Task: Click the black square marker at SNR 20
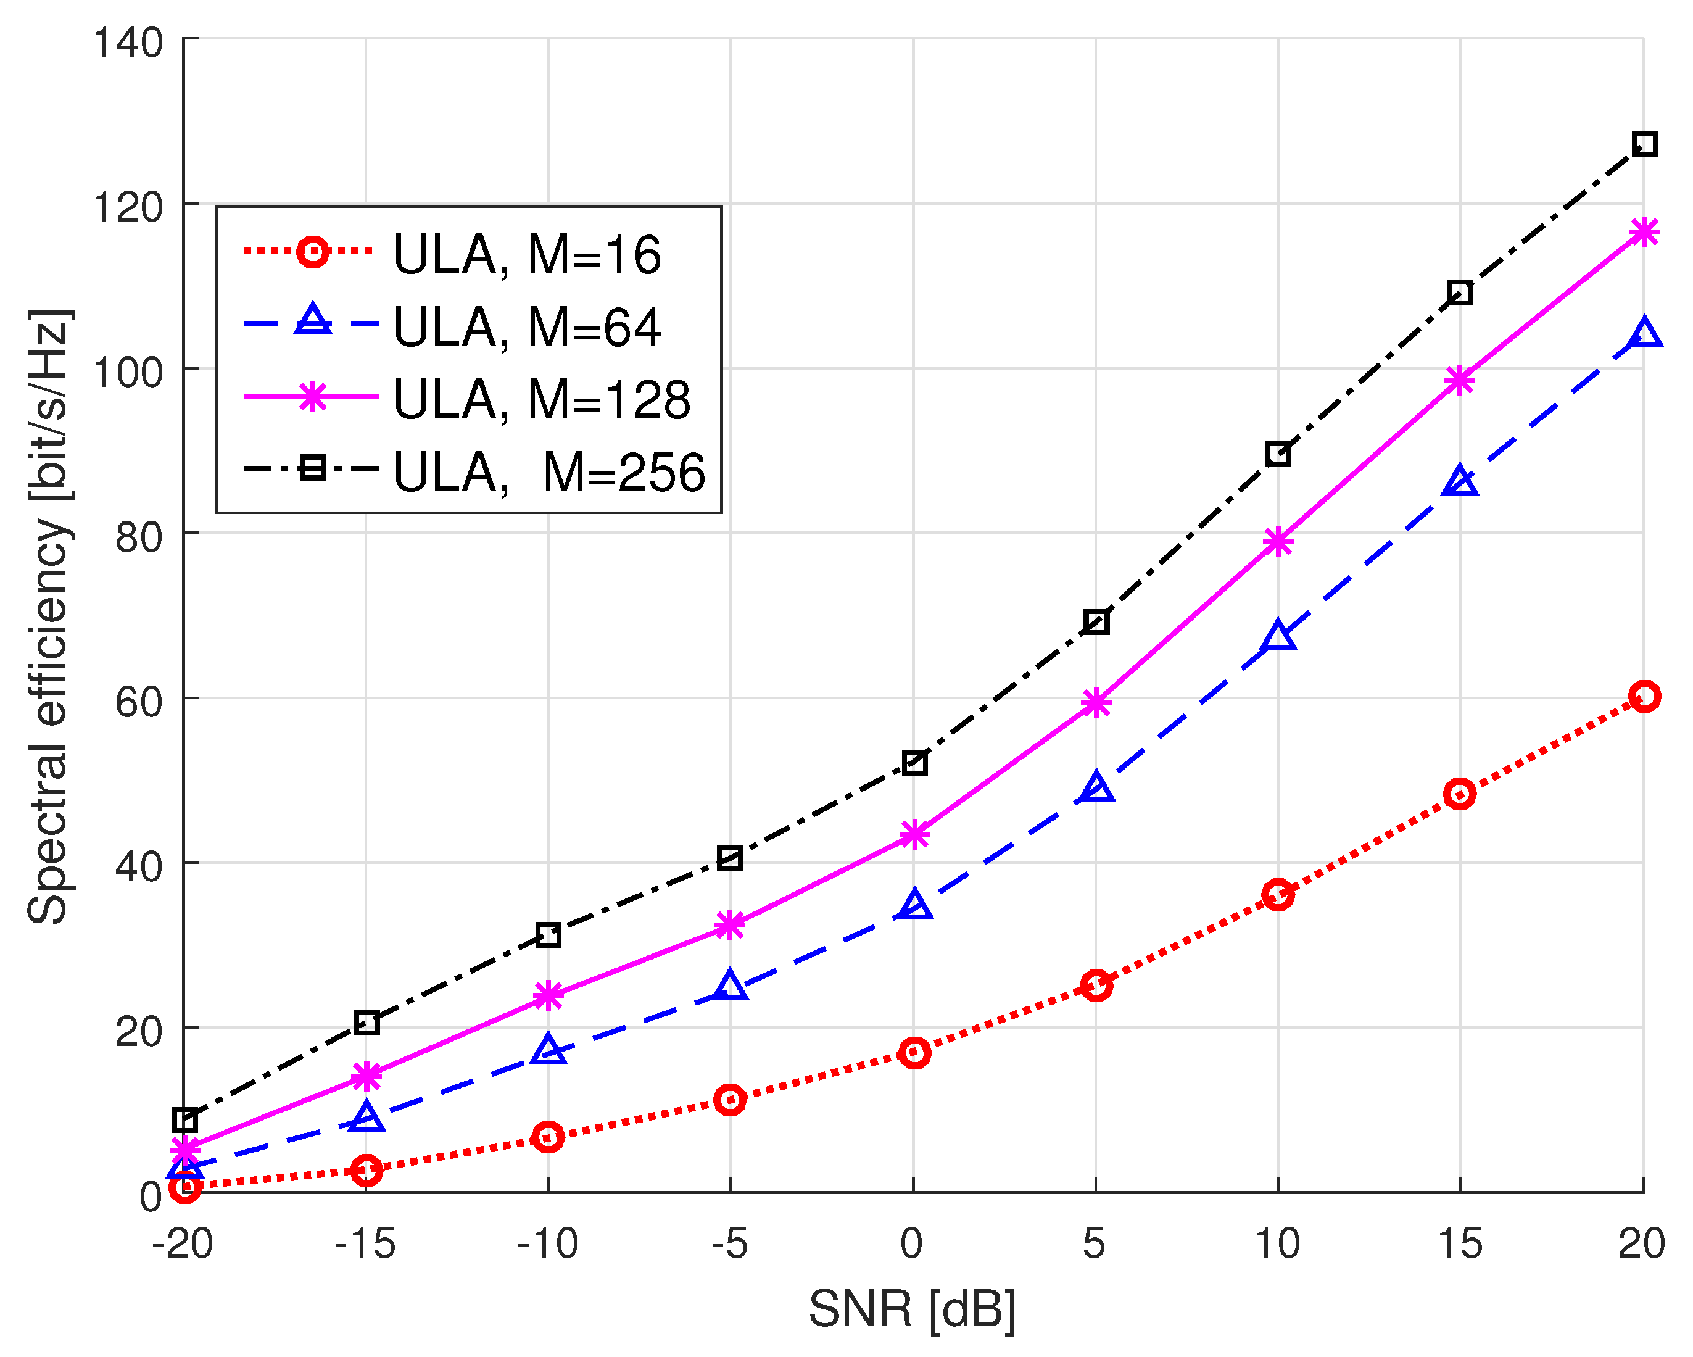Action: point(1644,144)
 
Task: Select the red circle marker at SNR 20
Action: point(1644,695)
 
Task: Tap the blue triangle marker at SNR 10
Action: point(1278,636)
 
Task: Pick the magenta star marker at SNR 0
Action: point(914,834)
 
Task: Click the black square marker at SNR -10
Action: point(548,934)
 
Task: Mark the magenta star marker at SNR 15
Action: point(1460,381)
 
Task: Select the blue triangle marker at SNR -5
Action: point(731,986)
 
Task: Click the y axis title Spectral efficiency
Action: point(49,616)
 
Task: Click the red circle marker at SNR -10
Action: point(548,1136)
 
